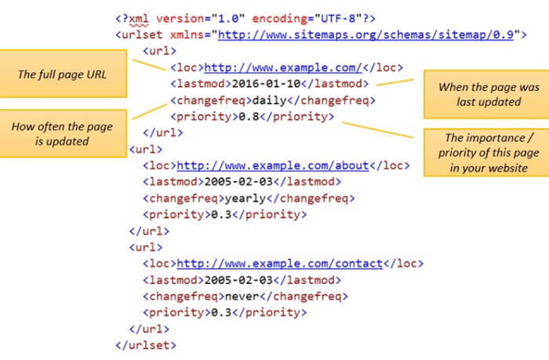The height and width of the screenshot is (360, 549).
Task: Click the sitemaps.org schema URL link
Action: pos(365,35)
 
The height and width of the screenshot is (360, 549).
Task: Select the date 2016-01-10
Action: pos(266,84)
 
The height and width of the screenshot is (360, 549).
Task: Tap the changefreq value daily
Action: pos(270,101)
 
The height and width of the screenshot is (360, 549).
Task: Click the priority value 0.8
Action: pos(249,116)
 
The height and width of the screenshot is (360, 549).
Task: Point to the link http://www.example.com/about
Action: pos(273,165)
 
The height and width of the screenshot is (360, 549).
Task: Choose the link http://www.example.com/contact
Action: pos(280,264)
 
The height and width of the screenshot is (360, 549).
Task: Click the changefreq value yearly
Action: pos(245,199)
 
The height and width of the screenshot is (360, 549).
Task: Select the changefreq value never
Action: pos(242,296)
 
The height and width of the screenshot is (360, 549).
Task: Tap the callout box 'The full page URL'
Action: pos(63,74)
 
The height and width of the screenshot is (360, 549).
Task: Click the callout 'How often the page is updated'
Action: pos(63,133)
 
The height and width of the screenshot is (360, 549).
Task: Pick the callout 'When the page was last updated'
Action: pos(487,94)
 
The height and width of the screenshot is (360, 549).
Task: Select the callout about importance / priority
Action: pos(487,153)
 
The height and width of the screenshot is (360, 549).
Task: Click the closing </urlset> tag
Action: pos(146,345)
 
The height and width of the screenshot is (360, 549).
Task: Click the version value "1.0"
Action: pos(228,18)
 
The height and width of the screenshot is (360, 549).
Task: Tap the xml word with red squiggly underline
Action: pos(139,19)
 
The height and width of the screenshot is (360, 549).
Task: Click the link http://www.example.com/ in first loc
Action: pos(283,67)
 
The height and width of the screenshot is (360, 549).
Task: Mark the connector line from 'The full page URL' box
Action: pos(149,65)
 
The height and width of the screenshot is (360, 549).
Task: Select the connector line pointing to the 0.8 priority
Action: pos(378,130)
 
